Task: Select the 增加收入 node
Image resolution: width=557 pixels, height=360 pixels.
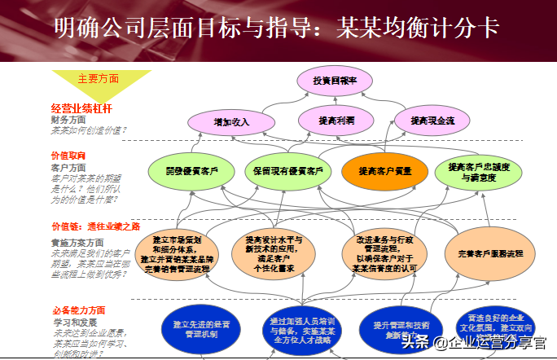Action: pyautogui.click(x=230, y=121)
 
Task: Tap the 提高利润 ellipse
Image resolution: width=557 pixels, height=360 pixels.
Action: pyautogui.click(x=336, y=121)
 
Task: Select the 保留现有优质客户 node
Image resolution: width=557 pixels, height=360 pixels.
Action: pyautogui.click(x=287, y=172)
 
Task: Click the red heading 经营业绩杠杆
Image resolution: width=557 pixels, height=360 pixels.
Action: pyautogui.click(x=81, y=108)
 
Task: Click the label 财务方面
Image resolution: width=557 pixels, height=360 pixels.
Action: pyautogui.click(x=68, y=120)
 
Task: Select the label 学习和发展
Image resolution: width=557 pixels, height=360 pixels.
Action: pyautogui.click(x=71, y=323)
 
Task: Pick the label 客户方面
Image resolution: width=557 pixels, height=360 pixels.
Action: pyautogui.click(x=68, y=167)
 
